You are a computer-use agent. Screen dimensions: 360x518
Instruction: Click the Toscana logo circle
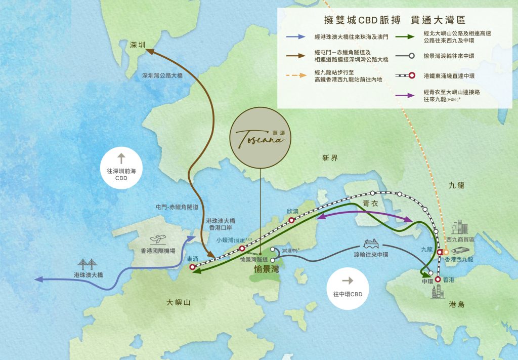pos(260,137)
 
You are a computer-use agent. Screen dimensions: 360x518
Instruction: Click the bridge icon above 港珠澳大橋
pos(88,263)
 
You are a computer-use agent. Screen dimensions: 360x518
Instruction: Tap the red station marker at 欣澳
pos(292,220)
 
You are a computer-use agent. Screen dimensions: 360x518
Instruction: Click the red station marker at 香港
pos(438,279)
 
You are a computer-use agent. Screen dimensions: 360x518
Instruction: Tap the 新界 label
pos(329,158)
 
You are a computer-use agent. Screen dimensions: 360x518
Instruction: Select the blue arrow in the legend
pos(294,37)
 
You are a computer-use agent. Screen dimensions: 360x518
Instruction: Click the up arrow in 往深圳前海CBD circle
pos(121,157)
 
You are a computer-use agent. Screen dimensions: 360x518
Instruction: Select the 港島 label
pos(456,305)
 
